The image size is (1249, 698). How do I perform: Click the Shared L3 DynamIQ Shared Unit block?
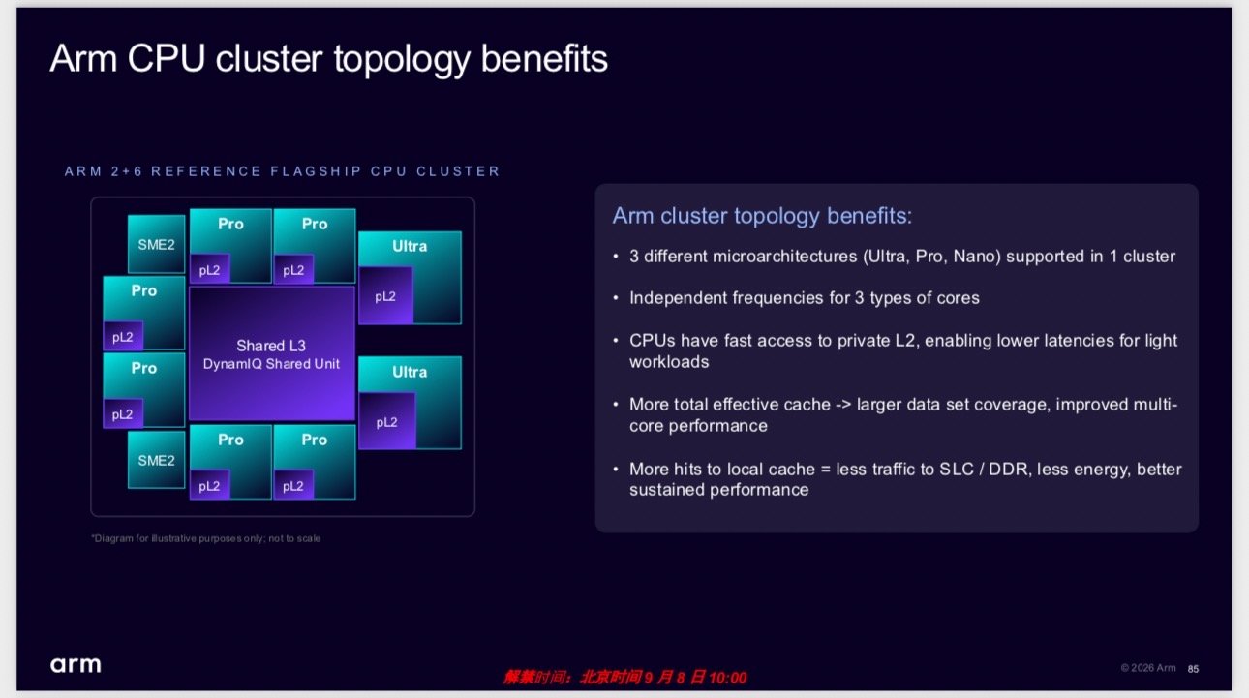[x=271, y=353]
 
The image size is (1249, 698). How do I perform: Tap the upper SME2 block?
[x=156, y=244]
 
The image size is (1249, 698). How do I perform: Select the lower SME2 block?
[x=156, y=460]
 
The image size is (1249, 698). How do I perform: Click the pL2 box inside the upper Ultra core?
[x=385, y=296]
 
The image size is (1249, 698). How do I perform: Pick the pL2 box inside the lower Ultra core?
[x=386, y=421]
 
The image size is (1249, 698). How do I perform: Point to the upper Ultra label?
[x=410, y=246]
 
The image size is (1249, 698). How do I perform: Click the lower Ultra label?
[x=410, y=372]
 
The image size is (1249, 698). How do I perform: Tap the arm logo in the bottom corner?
[x=76, y=664]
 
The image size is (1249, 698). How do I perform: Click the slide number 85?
[x=1193, y=669]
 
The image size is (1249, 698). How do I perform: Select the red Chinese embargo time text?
[x=625, y=678]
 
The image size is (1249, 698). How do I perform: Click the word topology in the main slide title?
[x=402, y=60]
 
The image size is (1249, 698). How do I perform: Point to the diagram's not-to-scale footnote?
[x=206, y=538]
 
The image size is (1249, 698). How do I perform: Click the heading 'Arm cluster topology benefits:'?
[x=762, y=216]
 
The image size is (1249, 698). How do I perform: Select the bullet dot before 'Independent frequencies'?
[x=616, y=298]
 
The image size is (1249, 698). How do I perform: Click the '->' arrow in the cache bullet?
[x=843, y=405]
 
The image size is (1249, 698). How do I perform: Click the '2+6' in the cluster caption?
[x=127, y=171]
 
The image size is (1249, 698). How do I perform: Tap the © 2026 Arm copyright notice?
[x=1148, y=668]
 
